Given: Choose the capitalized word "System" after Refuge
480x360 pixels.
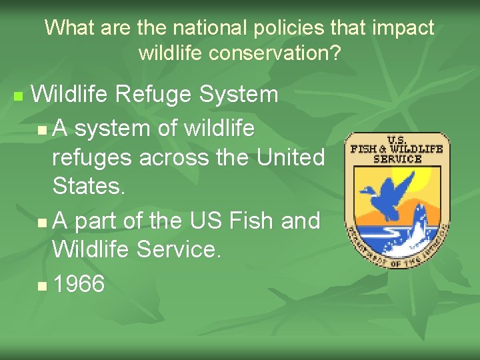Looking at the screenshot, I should point(238,95).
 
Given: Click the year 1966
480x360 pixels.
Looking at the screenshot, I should point(79,284).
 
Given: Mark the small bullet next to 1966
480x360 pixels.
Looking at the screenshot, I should point(43,286).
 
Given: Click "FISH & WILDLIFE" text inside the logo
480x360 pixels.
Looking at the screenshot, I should point(397,149).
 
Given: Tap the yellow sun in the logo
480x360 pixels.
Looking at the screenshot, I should point(424,179).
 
